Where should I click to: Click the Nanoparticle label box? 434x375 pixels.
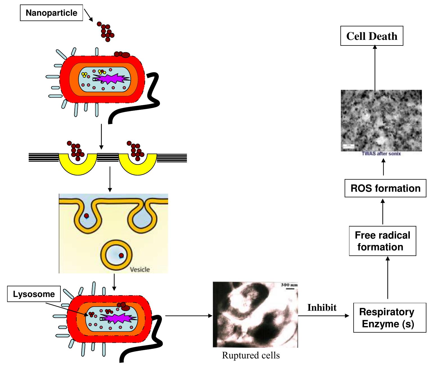51,13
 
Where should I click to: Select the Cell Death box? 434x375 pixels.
372,36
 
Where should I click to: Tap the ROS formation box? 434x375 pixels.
385,188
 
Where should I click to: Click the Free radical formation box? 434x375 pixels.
382,241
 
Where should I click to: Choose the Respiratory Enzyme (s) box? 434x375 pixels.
389,318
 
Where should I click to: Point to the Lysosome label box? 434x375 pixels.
34,294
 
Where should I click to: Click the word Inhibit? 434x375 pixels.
322,308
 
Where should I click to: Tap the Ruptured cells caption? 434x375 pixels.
251,355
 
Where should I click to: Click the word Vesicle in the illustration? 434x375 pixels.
140,269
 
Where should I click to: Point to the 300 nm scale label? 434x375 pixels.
289,285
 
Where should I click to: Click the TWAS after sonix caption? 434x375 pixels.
381,154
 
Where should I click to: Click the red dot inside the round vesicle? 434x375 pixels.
121,255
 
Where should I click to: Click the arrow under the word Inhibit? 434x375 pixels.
323,316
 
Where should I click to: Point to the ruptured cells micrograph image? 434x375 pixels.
255,315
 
